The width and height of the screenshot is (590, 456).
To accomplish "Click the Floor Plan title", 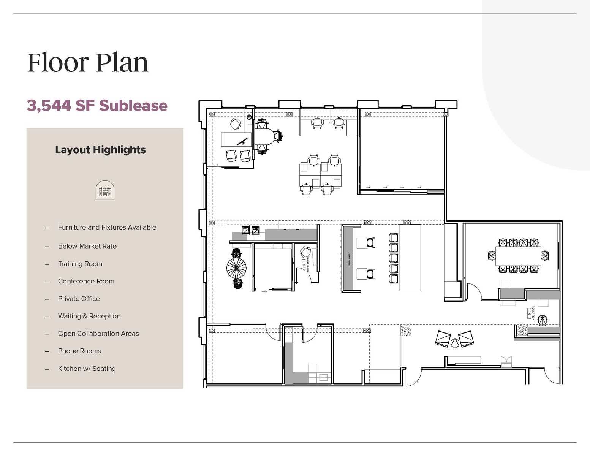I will pos(87,63).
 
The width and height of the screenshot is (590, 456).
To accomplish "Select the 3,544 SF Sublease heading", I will pos(97,106).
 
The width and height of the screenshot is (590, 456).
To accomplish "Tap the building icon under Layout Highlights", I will pos(105,190).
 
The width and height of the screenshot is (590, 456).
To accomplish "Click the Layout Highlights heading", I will pos(100,150).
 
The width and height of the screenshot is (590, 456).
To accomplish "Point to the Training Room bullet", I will pos(80,264).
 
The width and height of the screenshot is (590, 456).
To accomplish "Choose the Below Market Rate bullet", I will pos(87,246).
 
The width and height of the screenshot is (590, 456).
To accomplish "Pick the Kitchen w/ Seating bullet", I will pos(87,369).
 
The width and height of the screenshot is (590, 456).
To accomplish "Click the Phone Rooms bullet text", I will pos(79,351).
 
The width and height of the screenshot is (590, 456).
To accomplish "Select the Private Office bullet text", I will pos(79,299).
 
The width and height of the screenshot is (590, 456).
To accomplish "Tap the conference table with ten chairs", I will pos(518,256).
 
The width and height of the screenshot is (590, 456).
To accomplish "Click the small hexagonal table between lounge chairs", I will pos(454,343).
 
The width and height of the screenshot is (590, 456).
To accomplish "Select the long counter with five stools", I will pos(410,258).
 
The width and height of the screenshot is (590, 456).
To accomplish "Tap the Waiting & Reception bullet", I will pos(89,316).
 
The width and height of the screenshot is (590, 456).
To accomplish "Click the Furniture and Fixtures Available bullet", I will pos(107,227).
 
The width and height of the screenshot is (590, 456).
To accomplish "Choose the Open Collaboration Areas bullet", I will pos(98,334).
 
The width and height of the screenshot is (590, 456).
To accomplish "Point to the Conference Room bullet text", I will pos(86,281).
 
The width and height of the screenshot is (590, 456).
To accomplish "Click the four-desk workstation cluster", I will pos(320,175).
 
